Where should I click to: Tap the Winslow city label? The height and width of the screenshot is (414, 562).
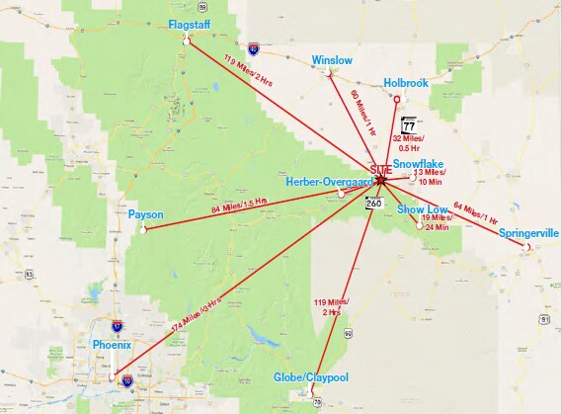[331, 60]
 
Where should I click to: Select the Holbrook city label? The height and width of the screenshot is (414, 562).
[405, 84]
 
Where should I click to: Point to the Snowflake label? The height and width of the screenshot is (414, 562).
[419, 163]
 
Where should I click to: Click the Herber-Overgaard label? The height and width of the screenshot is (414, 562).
[329, 182]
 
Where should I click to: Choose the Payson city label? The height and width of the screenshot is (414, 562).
[145, 213]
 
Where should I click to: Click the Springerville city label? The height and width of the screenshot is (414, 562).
[529, 233]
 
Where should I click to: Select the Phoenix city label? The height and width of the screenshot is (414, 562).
[111, 345]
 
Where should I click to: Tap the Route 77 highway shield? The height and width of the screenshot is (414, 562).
[409, 126]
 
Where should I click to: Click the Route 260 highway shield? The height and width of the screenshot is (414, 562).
[373, 203]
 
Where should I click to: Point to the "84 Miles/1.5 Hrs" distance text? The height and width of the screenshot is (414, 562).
[245, 208]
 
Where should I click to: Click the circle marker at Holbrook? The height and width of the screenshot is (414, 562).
[397, 99]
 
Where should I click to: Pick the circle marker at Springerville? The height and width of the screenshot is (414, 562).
[529, 246]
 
